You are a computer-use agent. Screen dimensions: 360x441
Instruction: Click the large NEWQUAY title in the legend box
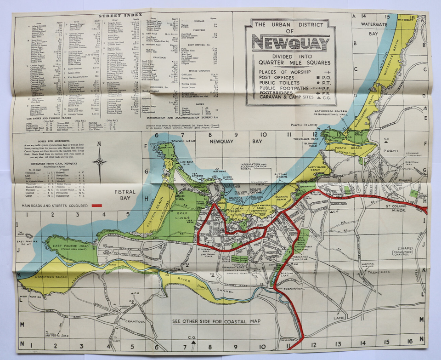pyautogui.click(x=291, y=43)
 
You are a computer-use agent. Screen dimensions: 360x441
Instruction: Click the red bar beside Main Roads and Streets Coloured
pyautogui.click(x=99, y=206)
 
